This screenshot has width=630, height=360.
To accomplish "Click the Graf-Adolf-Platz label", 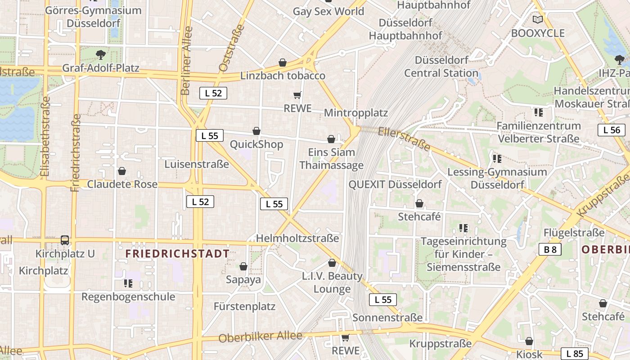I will tap(101, 68).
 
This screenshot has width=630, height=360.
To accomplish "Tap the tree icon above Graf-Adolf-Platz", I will tap(101, 55).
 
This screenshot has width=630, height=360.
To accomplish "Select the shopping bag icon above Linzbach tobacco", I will tap(283, 63).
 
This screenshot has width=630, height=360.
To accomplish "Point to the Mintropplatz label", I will tap(355, 112).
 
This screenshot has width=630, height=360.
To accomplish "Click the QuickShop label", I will tap(256, 144).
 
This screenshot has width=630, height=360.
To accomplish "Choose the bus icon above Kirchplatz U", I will tap(65, 240).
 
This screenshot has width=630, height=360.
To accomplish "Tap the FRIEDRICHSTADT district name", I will tap(177, 254).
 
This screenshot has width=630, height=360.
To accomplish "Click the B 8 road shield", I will tap(550, 249).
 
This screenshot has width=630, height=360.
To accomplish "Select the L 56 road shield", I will tap(612, 130).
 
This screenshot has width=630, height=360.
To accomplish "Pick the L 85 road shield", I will tap(575, 353).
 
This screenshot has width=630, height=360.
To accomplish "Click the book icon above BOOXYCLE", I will tap(537, 19).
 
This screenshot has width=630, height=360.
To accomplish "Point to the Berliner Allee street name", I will tap(186, 61).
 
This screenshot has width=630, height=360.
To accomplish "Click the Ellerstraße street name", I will tap(404, 139).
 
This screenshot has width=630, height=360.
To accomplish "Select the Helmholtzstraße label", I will tap(297, 238).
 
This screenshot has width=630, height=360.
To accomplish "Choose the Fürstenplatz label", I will tap(244, 307).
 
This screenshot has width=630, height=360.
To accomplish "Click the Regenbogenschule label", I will tap(128, 297).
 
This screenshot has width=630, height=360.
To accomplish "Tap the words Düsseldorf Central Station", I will tap(441, 67).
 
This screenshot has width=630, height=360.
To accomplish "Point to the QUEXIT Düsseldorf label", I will tap(395, 184).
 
